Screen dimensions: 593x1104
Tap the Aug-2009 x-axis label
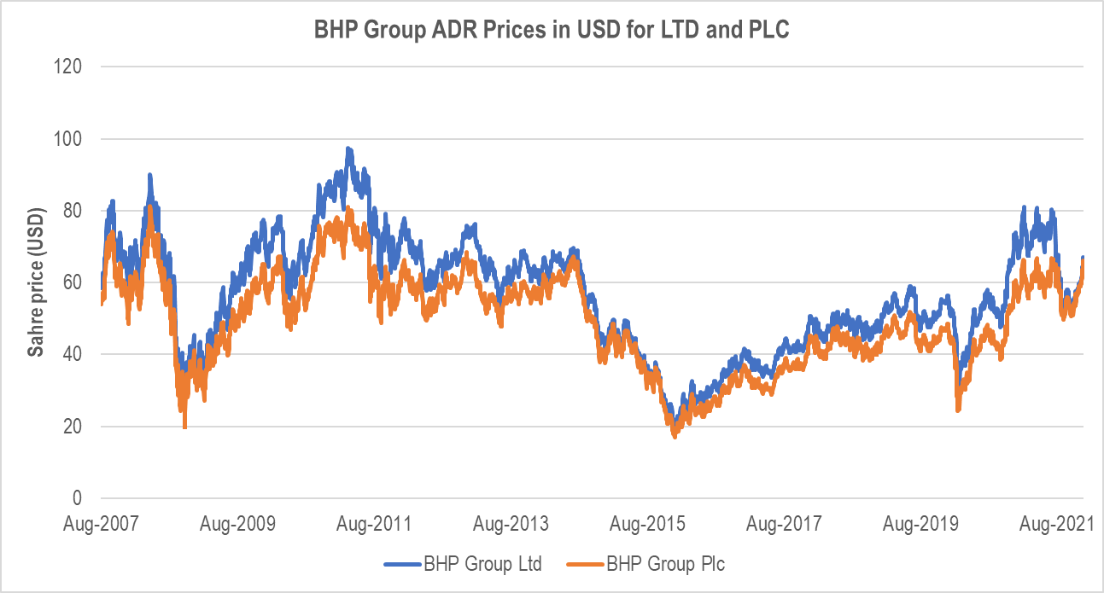(x=238, y=522)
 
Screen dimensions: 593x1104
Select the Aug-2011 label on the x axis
(x=374, y=522)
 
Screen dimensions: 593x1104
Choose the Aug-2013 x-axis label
(x=511, y=522)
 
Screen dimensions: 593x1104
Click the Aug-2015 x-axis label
(x=646, y=522)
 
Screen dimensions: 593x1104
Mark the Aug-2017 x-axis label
(x=783, y=522)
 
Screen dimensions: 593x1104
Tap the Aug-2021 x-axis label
(x=1056, y=522)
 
